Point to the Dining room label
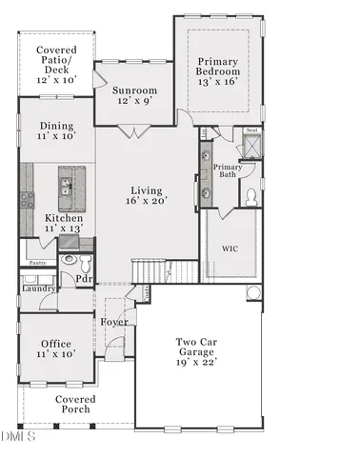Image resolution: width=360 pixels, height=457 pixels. pos(56,131)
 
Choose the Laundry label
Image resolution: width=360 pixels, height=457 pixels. pos(39,288)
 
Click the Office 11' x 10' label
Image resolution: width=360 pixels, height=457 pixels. pos(56,348)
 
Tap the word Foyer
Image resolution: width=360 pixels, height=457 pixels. pos(115,321)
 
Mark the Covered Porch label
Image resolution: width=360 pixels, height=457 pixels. pos(72,405)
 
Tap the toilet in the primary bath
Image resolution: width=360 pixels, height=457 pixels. pos(250,197)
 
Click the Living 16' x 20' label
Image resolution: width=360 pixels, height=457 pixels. pos(147,194)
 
